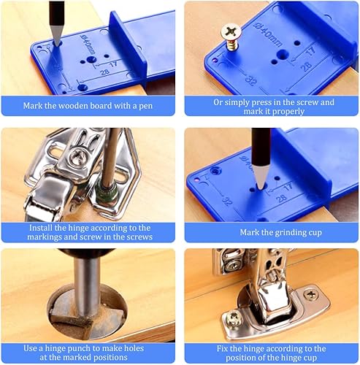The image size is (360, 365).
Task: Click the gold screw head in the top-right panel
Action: tap(231, 32)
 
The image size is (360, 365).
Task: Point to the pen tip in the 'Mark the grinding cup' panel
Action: tap(261, 188)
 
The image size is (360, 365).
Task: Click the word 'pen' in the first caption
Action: tap(145, 107)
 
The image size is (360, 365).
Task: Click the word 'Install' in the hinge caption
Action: tap(40, 228)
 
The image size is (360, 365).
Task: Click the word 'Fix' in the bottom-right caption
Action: tap(222, 349)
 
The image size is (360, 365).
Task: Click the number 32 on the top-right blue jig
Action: tap(251, 80)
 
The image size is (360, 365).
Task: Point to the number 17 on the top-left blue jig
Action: tap(113, 64)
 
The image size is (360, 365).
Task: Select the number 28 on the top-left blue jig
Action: tap(104, 72)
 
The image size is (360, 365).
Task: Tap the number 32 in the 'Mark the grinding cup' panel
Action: tap(227, 201)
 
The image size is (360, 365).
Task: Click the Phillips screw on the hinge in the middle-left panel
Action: tap(78, 155)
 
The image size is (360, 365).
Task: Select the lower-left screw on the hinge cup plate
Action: tap(234, 319)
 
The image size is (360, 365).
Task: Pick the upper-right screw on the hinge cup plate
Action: tap(311, 295)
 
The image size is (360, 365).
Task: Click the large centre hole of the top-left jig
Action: tap(91, 59)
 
